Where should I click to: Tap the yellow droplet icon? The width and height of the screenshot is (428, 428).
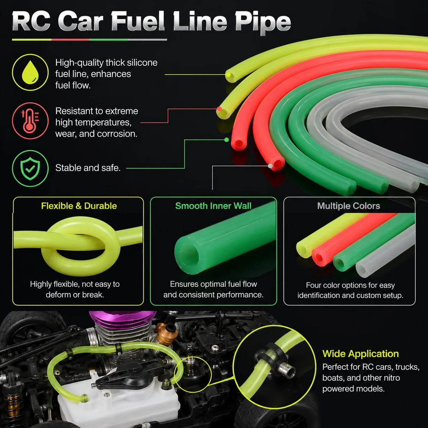point(30,72)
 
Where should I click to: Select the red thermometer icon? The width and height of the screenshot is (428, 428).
point(30,121)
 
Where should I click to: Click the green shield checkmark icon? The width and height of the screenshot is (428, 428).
point(30,168)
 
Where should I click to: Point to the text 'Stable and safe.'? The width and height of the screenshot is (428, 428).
point(88,168)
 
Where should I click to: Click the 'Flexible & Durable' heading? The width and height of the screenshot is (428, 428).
point(79,206)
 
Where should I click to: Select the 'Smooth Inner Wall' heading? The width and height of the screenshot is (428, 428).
point(213,206)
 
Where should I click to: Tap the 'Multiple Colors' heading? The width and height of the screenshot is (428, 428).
point(348,206)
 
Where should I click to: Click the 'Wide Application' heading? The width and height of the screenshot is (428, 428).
point(360,354)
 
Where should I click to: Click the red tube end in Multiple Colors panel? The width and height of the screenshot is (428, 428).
point(319,258)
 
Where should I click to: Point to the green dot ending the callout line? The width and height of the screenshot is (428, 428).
point(227,140)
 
